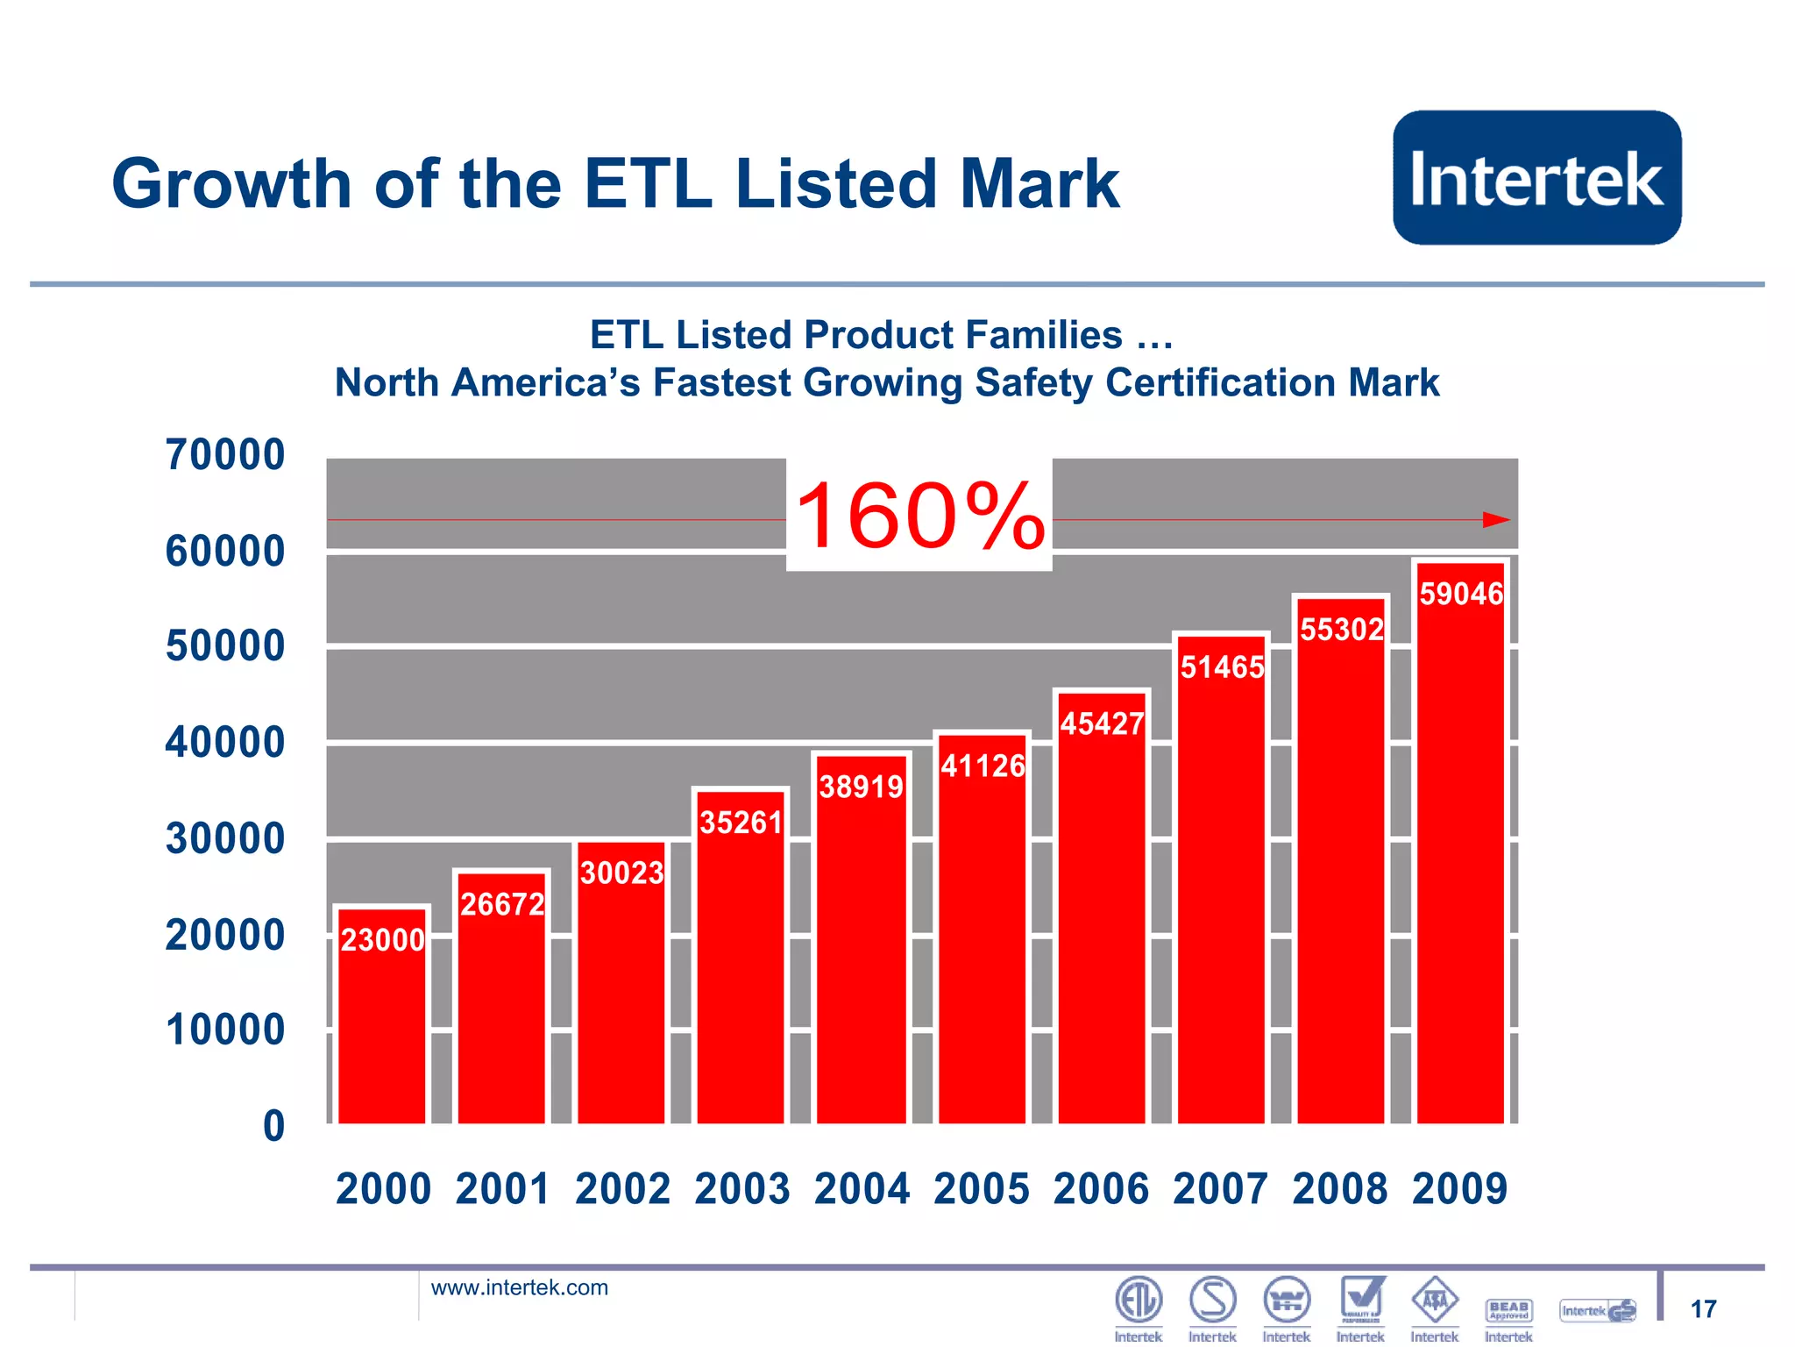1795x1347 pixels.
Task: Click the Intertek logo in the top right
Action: pos(1536,178)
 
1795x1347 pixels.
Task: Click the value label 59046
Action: pos(1461,595)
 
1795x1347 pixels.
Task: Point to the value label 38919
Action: pos(861,788)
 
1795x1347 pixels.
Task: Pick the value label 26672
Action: pos(502,904)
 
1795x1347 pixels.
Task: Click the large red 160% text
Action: pos(919,517)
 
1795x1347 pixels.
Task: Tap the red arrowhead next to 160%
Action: pos(1495,520)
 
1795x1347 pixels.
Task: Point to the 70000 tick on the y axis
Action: pos(225,455)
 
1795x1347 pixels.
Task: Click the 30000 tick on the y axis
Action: pos(225,839)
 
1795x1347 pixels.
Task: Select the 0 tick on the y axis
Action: pos(273,1126)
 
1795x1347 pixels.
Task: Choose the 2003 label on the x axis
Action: pos(741,1190)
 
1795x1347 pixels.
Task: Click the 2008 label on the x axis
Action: pos(1339,1190)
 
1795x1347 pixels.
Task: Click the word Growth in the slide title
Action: pos(231,184)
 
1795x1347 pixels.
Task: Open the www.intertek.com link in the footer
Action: pos(519,1287)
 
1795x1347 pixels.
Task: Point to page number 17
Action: pos(1703,1309)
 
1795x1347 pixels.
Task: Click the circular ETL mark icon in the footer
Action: pos(1138,1300)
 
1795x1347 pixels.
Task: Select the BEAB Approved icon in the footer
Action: pos(1508,1310)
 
